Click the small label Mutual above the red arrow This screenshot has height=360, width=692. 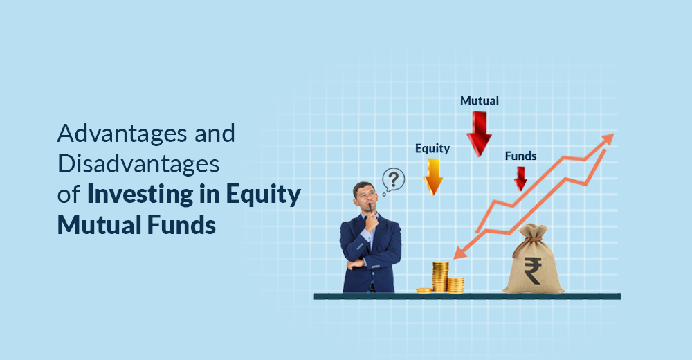point(480,101)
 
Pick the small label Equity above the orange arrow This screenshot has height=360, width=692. point(432,148)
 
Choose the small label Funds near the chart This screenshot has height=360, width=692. point(520,156)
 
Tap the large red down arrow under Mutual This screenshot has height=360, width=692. point(479,133)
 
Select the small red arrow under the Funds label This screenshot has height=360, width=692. point(520,179)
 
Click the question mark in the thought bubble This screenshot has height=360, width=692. point(394,180)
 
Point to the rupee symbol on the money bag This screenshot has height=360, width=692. point(533,269)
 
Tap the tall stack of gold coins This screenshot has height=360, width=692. point(440,276)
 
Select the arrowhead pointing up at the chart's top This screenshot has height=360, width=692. point(607,139)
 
